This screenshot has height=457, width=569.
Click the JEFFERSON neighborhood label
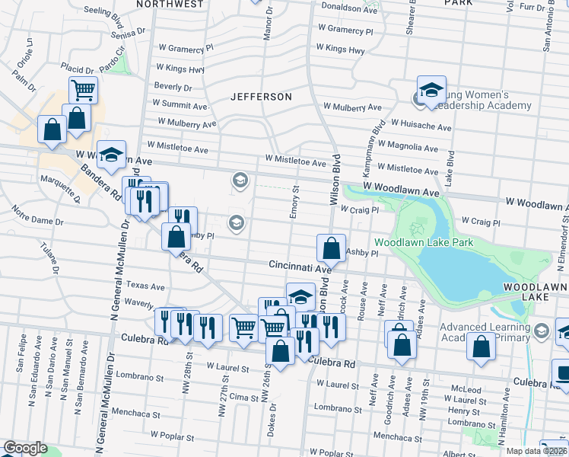coord(262,97)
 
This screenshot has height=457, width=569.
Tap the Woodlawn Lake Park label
coord(424,243)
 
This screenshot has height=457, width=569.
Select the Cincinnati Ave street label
coord(300,267)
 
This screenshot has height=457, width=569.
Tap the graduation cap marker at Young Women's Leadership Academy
coord(431,90)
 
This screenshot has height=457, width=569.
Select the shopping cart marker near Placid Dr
coord(84,90)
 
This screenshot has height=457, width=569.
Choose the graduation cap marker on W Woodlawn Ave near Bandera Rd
coord(112,155)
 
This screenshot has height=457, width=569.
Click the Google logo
coord(25,448)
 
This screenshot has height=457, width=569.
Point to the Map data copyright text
coord(536,451)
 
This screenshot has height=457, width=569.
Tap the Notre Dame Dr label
coord(38,222)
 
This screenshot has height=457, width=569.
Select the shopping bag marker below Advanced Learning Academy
coord(482,347)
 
